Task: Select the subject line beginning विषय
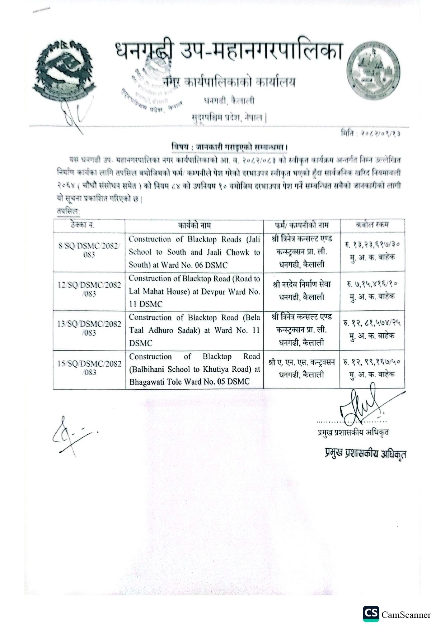point(230,147)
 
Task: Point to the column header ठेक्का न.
point(83,225)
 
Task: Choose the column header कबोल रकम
point(372,225)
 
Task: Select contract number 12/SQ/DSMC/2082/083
point(89,289)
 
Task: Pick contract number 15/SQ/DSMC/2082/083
point(89,368)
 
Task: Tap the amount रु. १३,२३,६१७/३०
point(372,244)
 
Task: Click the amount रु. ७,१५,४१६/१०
point(372,284)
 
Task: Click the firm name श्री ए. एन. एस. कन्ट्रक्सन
point(302,362)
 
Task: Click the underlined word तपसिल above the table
point(68,212)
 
